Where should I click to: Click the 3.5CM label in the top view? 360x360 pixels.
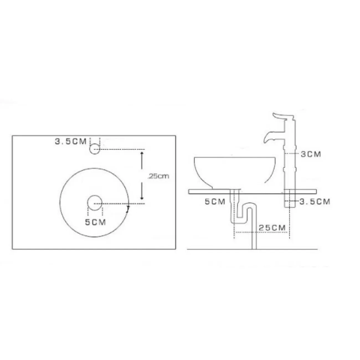[x=70, y=142]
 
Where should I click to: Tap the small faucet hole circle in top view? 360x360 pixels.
[x=95, y=149]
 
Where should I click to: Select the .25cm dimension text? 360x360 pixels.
[x=158, y=176]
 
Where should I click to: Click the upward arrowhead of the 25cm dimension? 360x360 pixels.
[x=142, y=153]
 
